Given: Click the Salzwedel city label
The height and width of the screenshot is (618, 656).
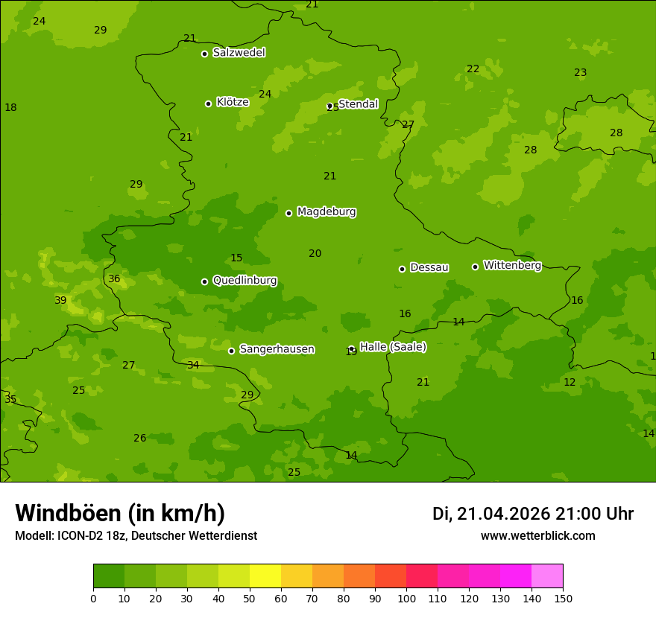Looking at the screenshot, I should click(239, 53).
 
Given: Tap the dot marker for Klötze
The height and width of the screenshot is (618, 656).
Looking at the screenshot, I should click(208, 103).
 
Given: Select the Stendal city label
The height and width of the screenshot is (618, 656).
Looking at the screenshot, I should click(358, 104).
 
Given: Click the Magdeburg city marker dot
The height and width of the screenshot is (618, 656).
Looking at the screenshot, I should click(288, 213).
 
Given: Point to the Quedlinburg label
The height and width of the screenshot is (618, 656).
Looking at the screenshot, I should click(245, 281).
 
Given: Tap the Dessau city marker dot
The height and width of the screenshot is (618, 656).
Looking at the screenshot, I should click(402, 269).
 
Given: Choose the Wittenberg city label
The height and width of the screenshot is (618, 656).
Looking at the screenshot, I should click(512, 266).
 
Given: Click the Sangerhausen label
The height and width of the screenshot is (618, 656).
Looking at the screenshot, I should click(277, 349).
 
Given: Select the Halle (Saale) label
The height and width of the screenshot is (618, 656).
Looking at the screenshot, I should click(393, 347).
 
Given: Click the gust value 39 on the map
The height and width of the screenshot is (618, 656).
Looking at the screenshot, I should click(60, 300).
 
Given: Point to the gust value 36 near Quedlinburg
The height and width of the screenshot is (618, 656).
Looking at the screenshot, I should click(114, 279).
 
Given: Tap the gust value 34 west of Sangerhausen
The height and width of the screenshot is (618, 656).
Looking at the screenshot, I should click(193, 365).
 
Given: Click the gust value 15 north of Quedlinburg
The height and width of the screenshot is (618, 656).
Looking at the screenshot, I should click(236, 258).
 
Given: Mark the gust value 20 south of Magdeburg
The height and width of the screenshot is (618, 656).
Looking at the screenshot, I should click(315, 253).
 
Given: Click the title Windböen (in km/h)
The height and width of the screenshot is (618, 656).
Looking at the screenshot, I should click(120, 513).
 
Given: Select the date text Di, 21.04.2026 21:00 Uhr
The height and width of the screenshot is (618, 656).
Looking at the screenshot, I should click(533, 514).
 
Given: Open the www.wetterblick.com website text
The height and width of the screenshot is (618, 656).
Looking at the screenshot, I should click(537, 536).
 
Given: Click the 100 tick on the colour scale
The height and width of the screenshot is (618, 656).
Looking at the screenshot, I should click(406, 598).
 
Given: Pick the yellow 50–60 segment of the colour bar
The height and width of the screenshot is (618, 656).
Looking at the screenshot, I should click(265, 576).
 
